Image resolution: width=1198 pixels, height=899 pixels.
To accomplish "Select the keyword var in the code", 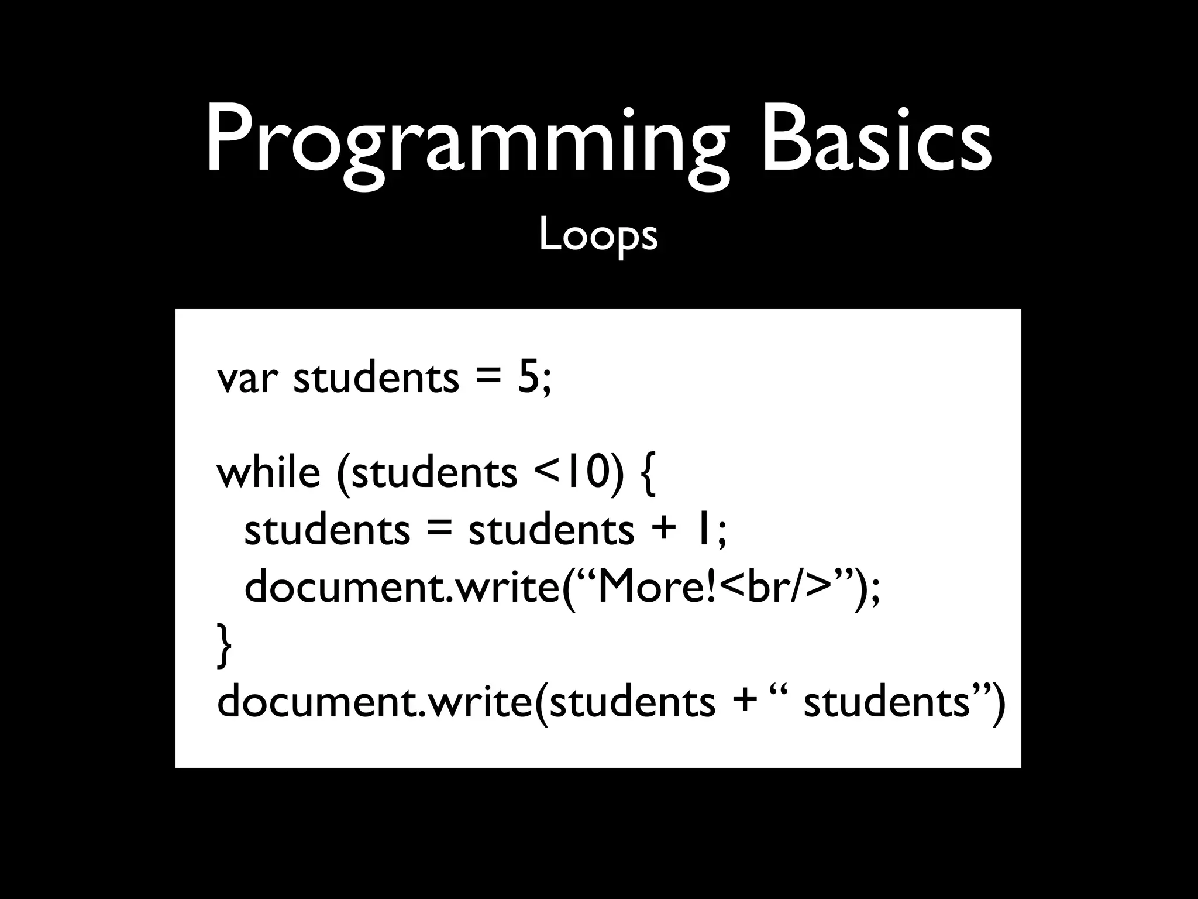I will pos(246,379).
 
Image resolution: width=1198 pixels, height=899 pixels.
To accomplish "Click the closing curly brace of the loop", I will pos(224,646).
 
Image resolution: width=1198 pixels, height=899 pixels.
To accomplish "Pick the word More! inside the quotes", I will pos(655,586).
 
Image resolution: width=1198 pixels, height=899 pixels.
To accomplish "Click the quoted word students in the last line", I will pos(887,701).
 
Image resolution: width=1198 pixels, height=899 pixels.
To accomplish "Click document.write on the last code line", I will pos(374,701).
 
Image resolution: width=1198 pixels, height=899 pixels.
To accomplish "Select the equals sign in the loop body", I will pos(439,530).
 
